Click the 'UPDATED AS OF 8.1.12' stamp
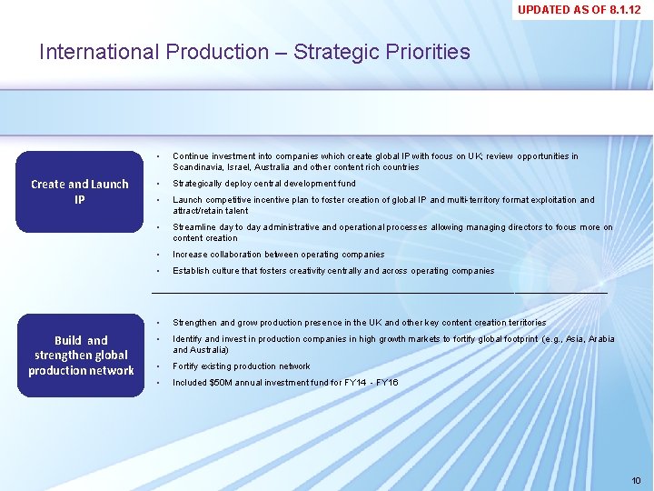click(x=583, y=10)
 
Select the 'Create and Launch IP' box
click(x=80, y=191)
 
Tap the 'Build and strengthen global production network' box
click(x=81, y=356)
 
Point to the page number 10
click(x=636, y=480)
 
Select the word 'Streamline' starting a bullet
click(x=195, y=227)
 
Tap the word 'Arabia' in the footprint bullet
click(x=600, y=339)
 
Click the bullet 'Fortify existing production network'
click(x=241, y=366)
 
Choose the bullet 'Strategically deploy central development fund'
click(x=263, y=184)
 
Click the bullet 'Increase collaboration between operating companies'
click(x=278, y=255)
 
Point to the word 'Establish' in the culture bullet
click(x=192, y=271)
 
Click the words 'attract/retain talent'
click(x=210, y=211)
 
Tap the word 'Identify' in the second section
click(x=189, y=339)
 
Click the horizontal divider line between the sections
click(x=379, y=293)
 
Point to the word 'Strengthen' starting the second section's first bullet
click(x=195, y=323)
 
